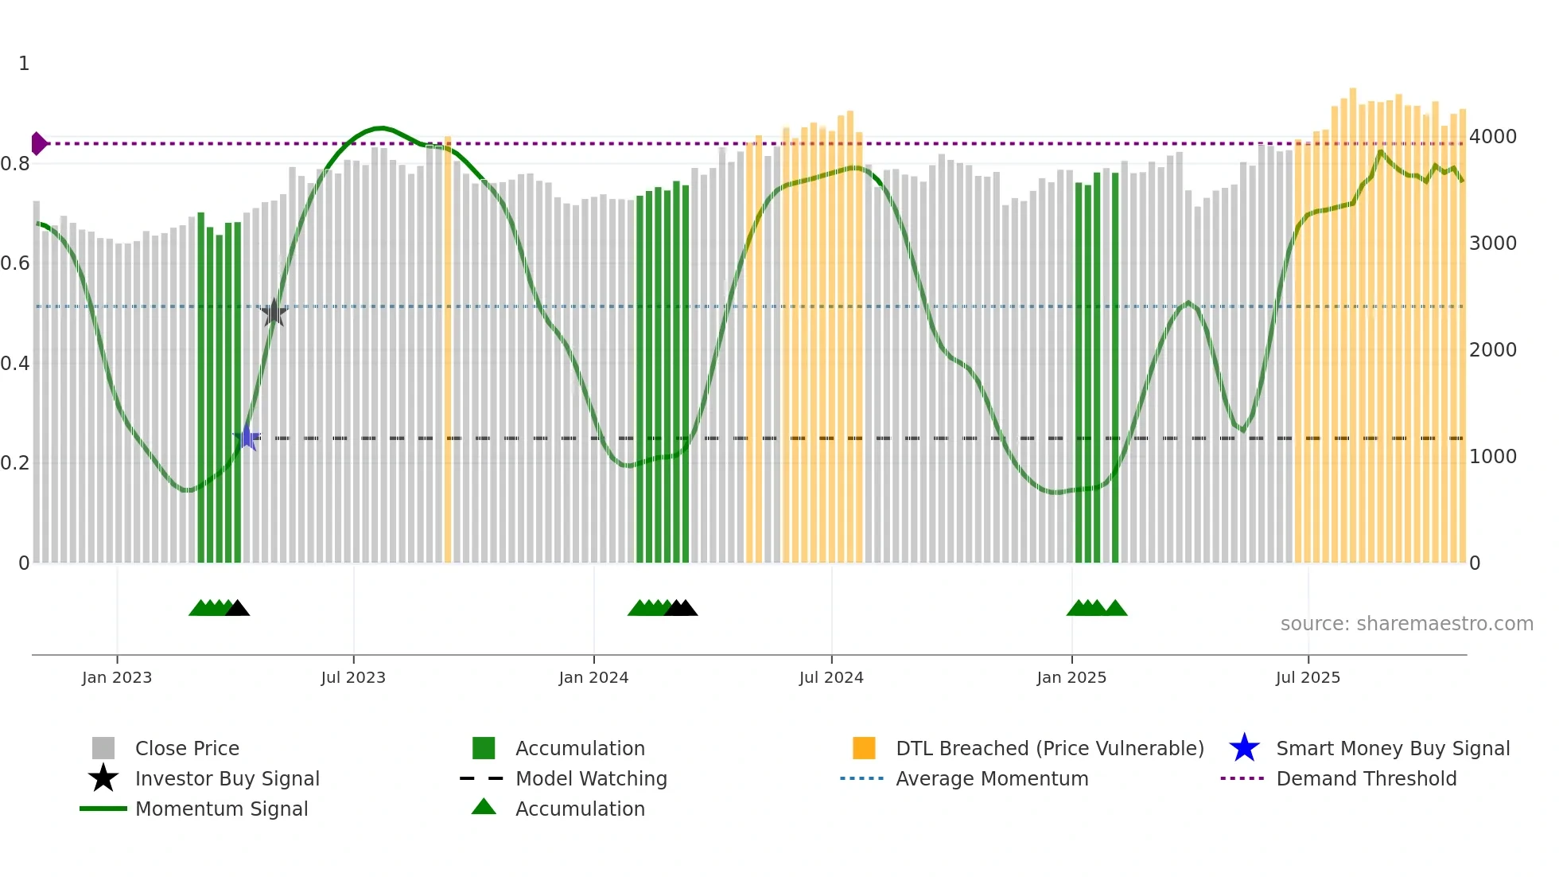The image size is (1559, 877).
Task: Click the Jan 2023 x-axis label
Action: pos(117,677)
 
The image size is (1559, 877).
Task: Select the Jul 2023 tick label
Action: pos(353,677)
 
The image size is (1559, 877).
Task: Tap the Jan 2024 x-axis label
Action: pos(593,677)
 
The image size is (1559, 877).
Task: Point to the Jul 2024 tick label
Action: pos(831,677)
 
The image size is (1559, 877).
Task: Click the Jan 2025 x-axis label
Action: pos(1071,677)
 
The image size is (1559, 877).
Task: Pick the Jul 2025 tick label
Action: pos(1308,677)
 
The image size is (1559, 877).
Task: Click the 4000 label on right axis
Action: pos(1493,137)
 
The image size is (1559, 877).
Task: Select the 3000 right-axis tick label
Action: pos(1493,244)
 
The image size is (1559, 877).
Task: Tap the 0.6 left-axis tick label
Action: pos(15,263)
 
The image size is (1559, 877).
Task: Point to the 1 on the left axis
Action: pos(24,64)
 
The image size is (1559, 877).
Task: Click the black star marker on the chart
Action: pos(274,313)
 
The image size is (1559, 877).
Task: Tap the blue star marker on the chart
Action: pos(247,438)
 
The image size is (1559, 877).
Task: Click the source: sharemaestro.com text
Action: pos(1406,624)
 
